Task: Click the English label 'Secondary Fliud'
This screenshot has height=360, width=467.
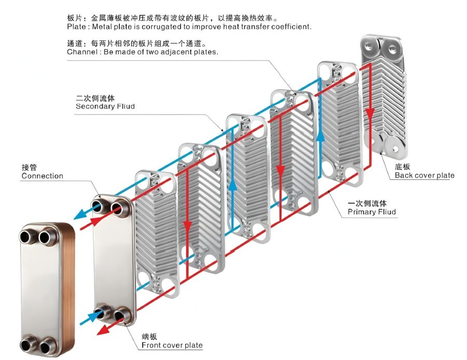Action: pyautogui.click(x=105, y=106)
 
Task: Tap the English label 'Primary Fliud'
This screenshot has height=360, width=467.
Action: pyautogui.click(x=372, y=212)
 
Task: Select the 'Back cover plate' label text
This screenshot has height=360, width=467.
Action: pyautogui.click(x=424, y=175)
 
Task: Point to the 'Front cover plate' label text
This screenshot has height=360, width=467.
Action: pyautogui.click(x=172, y=345)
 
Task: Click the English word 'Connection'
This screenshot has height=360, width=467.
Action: pyautogui.click(x=42, y=176)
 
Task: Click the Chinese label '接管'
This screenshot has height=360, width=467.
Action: pyautogui.click(x=30, y=167)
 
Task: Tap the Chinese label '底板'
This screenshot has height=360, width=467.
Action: pyautogui.click(x=403, y=167)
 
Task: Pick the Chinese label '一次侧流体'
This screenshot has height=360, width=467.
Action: pyautogui.click(x=367, y=203)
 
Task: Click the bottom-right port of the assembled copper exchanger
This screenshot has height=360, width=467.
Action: pyautogui.click(x=47, y=344)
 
